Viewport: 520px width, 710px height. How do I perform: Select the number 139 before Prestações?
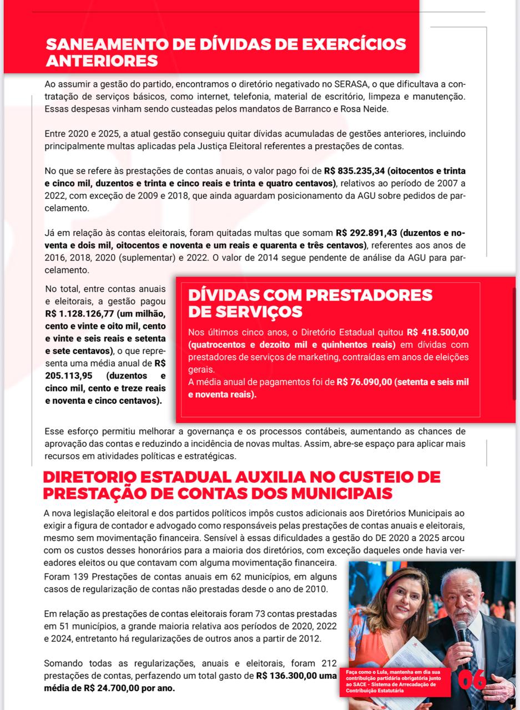(x=79, y=576)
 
